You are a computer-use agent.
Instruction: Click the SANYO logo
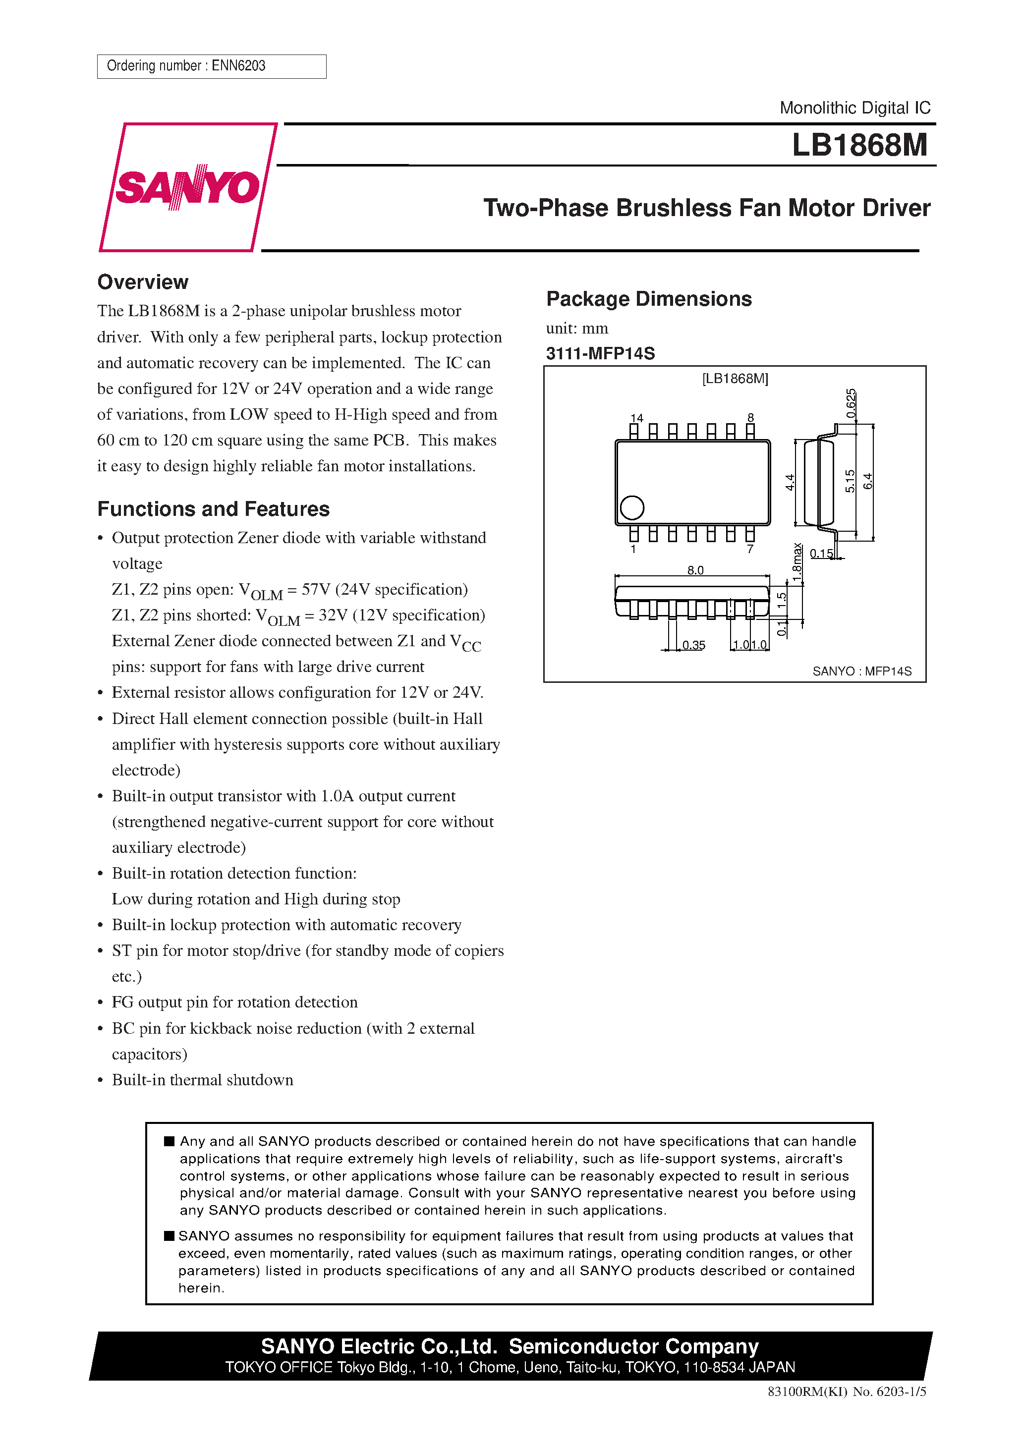tap(187, 187)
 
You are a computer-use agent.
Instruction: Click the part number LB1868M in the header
tap(859, 145)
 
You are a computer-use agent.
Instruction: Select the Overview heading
tap(143, 282)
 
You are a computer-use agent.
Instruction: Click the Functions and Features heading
tap(214, 508)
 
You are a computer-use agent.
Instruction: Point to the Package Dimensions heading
tap(648, 298)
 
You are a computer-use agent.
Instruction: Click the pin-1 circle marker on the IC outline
tap(632, 507)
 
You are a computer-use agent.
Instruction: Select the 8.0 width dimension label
tap(695, 570)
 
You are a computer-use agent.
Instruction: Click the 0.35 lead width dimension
tap(693, 645)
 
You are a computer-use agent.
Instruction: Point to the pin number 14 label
tap(636, 418)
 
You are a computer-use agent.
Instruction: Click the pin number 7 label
tap(750, 549)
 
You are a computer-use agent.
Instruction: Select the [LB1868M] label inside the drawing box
tap(735, 379)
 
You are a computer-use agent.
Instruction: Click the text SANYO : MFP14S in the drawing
tap(862, 671)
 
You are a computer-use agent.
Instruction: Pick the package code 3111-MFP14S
tap(600, 353)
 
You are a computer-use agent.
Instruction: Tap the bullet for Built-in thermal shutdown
tap(101, 1080)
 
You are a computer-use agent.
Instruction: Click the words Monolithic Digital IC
tap(855, 108)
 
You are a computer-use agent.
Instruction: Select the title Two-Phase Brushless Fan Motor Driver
tap(706, 208)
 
